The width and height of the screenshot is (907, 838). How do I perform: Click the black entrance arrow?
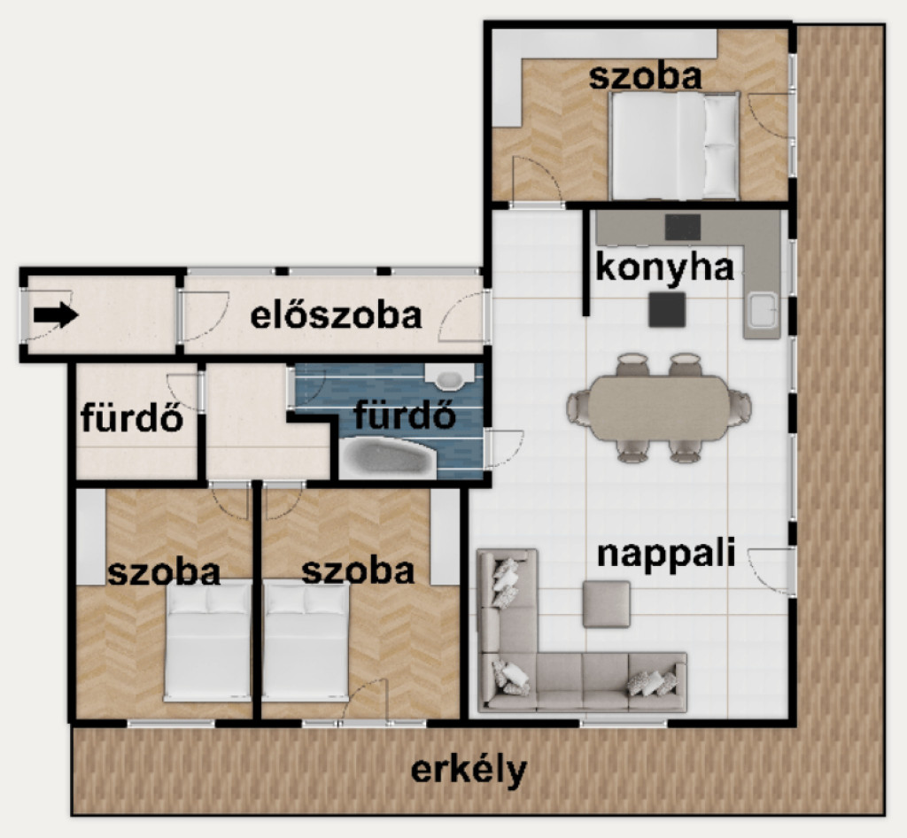coord(56,315)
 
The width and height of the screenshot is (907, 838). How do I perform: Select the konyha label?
coord(664,268)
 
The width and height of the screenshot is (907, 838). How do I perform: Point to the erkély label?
coord(469,770)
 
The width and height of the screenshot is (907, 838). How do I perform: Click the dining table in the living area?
coord(659,407)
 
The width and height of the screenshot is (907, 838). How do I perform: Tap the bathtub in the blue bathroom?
coord(388,458)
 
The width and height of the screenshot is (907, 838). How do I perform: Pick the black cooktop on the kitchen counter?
coord(683,227)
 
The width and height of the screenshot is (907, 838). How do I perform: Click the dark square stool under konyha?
coord(667,309)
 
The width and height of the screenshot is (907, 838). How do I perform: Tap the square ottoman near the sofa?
coord(606,604)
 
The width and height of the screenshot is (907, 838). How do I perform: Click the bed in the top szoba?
coord(674,145)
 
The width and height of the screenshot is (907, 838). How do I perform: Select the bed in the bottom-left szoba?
coord(207,641)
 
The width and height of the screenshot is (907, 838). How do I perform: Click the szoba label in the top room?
coord(645,77)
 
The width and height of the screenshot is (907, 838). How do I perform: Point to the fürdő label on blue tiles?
coord(404,415)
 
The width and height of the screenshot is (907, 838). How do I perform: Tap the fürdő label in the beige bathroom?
coord(133,417)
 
